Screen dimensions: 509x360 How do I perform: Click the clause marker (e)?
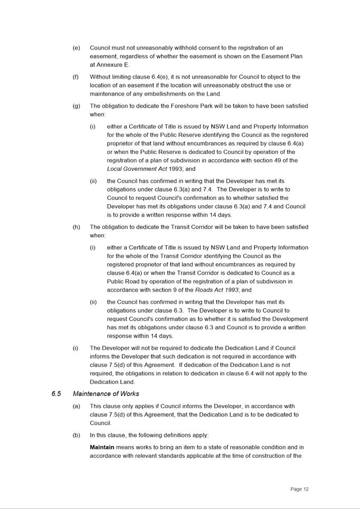(x=76, y=48)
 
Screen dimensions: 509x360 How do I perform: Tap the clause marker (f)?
(x=75, y=77)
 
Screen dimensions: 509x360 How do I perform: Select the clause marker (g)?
(x=76, y=106)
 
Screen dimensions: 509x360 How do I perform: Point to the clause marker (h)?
(x=76, y=227)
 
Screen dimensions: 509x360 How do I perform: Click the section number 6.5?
(x=56, y=394)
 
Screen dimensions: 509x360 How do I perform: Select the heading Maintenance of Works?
(x=106, y=394)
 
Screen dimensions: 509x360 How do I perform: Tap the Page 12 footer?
(x=299, y=489)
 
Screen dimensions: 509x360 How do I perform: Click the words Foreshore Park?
(x=195, y=106)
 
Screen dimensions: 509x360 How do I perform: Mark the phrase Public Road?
(x=124, y=282)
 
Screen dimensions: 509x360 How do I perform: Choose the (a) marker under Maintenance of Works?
(x=76, y=407)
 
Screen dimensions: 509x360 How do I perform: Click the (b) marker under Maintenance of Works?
(x=76, y=436)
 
